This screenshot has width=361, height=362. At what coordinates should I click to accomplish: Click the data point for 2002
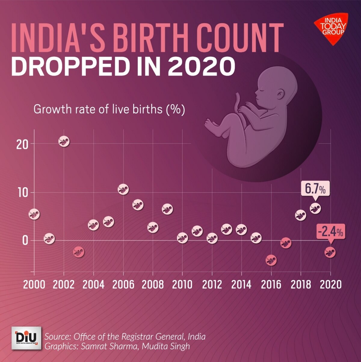pyautogui.click(x=64, y=141)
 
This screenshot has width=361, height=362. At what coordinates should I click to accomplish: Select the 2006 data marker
pyautogui.click(x=123, y=190)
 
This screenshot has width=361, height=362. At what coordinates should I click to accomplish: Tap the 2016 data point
pyautogui.click(x=271, y=260)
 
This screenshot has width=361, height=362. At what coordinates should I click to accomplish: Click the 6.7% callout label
pyautogui.click(x=315, y=189)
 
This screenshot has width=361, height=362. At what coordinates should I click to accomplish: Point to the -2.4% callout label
pyautogui.click(x=331, y=232)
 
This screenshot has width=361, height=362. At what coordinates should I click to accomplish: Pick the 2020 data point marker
pyautogui.click(x=330, y=252)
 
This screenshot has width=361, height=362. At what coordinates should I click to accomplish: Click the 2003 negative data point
pyautogui.click(x=79, y=252)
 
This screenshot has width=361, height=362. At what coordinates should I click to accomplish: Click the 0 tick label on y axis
pyautogui.click(x=25, y=241)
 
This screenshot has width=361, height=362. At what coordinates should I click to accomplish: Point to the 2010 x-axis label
pyautogui.click(x=182, y=285)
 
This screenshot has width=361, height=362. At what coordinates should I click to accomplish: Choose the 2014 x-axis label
pyautogui.click(x=241, y=285)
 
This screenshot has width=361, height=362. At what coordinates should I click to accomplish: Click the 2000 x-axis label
pyautogui.click(x=34, y=285)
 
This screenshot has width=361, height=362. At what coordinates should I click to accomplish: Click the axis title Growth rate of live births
pyautogui.click(x=109, y=109)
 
